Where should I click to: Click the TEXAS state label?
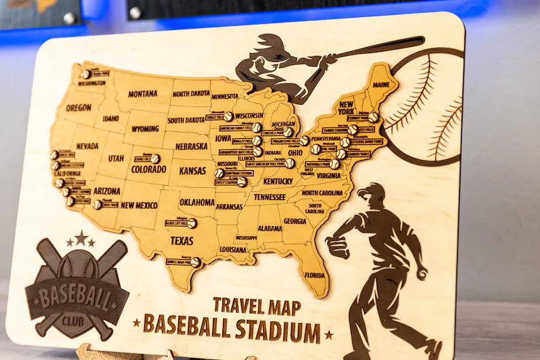click(182, 241)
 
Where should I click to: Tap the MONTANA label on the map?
click(142, 94)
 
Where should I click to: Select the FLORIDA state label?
click(314, 276)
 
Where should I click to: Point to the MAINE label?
click(382, 85)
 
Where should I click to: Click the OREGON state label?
click(78, 108)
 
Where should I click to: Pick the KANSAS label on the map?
click(192, 171)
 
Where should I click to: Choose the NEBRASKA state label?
click(191, 146)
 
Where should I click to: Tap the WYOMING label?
click(145, 129)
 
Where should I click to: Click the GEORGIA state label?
click(294, 221)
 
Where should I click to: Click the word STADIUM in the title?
click(277, 331)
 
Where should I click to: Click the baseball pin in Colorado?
click(156, 159)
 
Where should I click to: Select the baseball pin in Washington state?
click(86, 74)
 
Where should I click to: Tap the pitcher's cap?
click(371, 190)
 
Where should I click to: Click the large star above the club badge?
click(81, 238)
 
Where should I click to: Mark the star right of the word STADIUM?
click(329, 335)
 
